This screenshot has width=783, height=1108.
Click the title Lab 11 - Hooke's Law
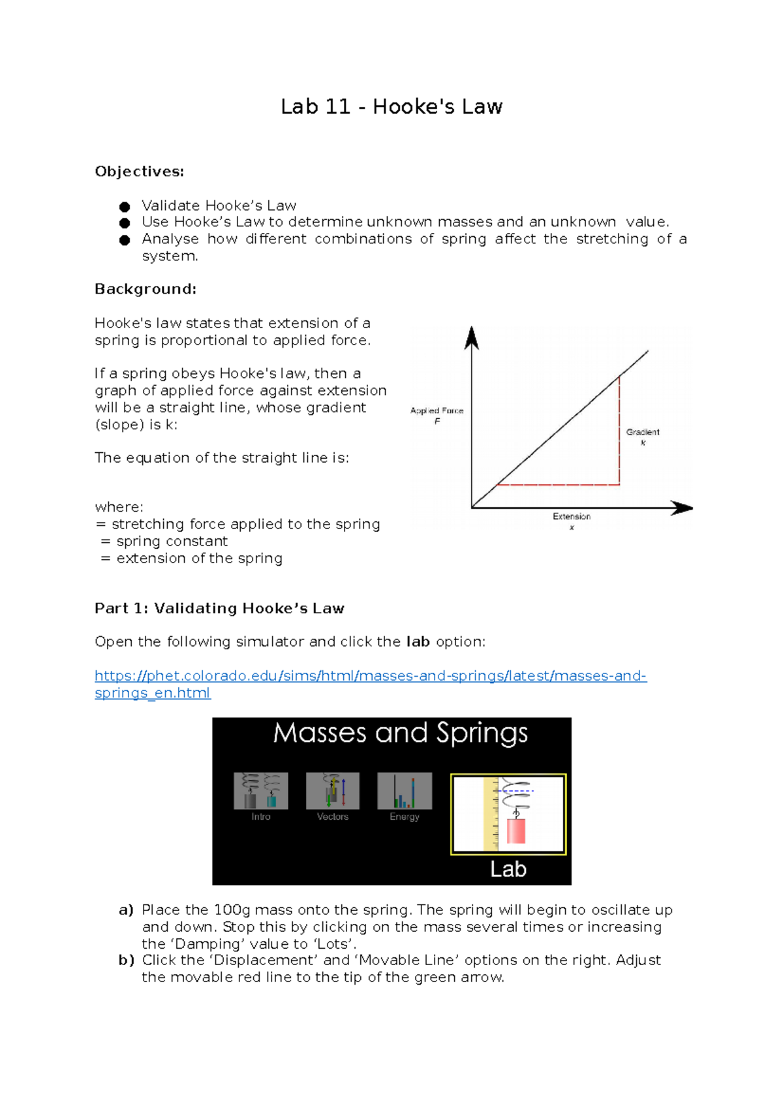coord(391,106)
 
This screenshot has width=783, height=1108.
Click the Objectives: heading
coord(139,172)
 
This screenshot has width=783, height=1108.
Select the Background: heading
coord(145,289)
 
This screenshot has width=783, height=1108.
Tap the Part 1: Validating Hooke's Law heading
coord(219,608)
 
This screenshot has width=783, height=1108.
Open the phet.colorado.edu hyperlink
coord(370,676)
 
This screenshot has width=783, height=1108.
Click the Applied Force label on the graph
coord(437,411)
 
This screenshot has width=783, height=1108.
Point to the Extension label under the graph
coord(572,517)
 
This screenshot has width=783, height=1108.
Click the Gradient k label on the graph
coord(643,433)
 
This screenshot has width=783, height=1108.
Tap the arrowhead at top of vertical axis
coord(472,337)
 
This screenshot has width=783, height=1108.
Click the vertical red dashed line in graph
coord(619,431)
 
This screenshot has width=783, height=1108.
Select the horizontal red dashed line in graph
coord(558,485)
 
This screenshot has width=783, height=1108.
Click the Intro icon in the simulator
coord(261,791)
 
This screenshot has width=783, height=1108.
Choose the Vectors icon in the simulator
coord(333,791)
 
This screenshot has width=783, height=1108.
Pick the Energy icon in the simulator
coord(405,791)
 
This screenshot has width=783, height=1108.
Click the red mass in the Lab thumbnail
coord(516,831)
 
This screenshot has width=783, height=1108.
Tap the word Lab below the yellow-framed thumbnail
coord(508,869)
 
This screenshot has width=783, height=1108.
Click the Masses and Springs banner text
coord(400,733)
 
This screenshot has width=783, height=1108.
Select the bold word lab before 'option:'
coord(418,642)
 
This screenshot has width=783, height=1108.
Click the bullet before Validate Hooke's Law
coord(125,207)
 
